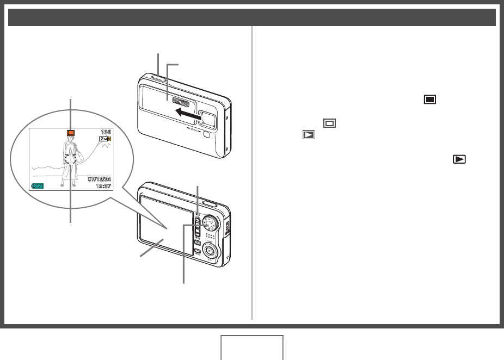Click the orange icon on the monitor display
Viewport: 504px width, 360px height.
(x=70, y=133)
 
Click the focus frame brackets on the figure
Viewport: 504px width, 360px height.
(x=70, y=159)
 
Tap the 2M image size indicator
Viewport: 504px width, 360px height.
(x=104, y=140)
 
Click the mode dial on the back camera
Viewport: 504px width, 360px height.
(x=210, y=224)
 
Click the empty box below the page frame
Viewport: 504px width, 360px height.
(x=251, y=347)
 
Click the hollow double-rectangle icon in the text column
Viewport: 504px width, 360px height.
(x=329, y=123)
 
